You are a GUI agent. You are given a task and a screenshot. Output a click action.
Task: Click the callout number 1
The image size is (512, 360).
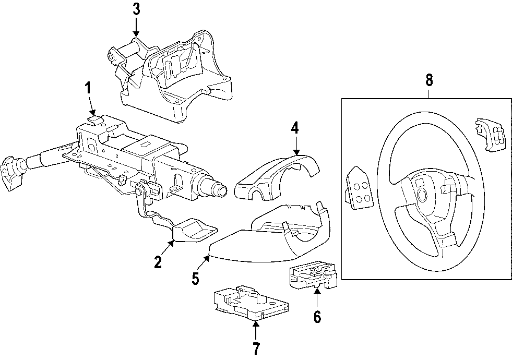point(88,88)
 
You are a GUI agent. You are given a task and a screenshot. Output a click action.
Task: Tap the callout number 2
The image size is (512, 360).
point(158,262)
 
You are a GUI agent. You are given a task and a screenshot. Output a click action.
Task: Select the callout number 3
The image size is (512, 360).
point(136,9)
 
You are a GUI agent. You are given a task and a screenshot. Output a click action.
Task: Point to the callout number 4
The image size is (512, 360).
point(295,127)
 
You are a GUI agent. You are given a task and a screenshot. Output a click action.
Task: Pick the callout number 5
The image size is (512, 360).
point(195,279)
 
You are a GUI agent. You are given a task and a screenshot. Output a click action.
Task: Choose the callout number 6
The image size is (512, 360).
point(317,316)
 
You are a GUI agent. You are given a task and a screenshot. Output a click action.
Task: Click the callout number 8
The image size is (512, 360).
point(429,80)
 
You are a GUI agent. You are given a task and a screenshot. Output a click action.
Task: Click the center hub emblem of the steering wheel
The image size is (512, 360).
point(422,196)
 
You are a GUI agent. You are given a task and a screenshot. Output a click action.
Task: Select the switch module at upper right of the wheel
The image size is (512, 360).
point(489,135)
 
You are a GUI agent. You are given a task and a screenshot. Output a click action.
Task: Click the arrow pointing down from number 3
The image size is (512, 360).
point(136,26)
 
